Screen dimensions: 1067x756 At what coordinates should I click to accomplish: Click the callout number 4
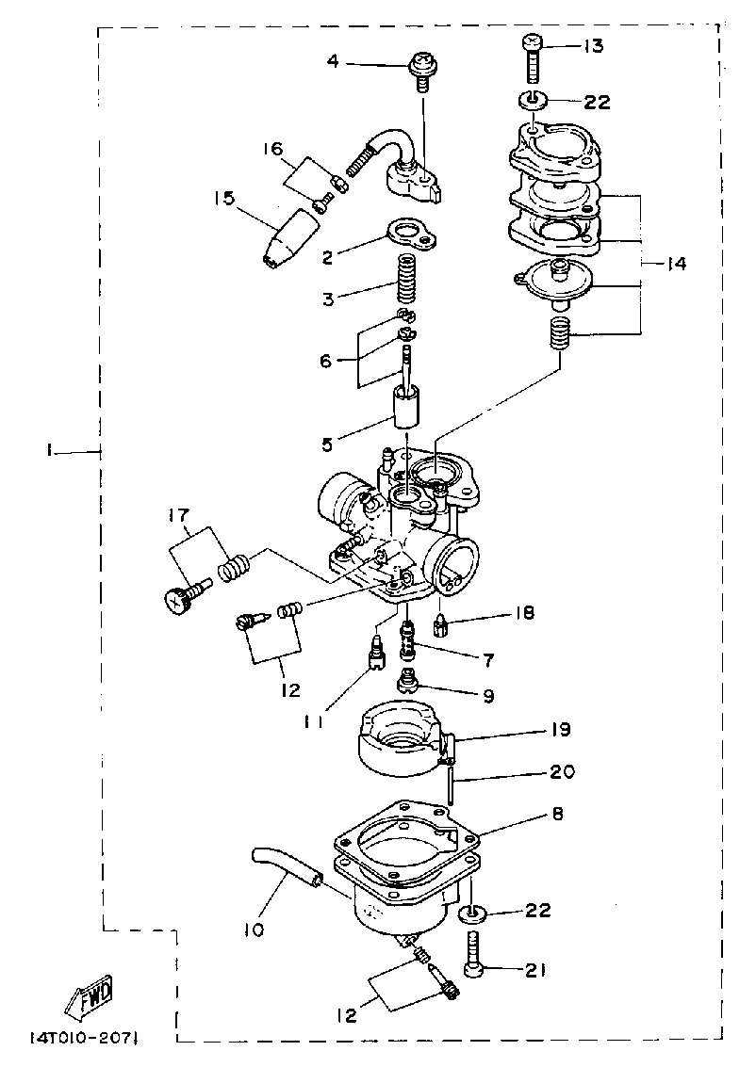[332, 63]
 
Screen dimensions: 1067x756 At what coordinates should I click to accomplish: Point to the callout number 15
[223, 199]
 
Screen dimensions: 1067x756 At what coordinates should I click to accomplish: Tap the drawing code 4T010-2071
[85, 1038]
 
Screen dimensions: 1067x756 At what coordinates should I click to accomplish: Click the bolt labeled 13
[534, 58]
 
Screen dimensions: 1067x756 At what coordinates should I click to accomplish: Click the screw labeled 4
[421, 70]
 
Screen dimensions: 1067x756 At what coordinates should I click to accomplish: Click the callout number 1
[47, 453]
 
